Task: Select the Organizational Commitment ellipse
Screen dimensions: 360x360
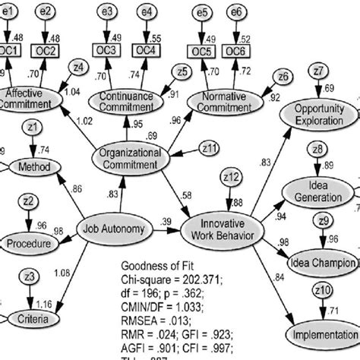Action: (131, 158)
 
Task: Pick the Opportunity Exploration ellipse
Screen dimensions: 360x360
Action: (319, 115)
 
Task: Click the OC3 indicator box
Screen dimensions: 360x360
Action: (109, 50)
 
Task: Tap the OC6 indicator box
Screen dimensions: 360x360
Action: (236, 51)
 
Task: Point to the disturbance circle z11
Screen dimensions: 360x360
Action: (209, 146)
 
